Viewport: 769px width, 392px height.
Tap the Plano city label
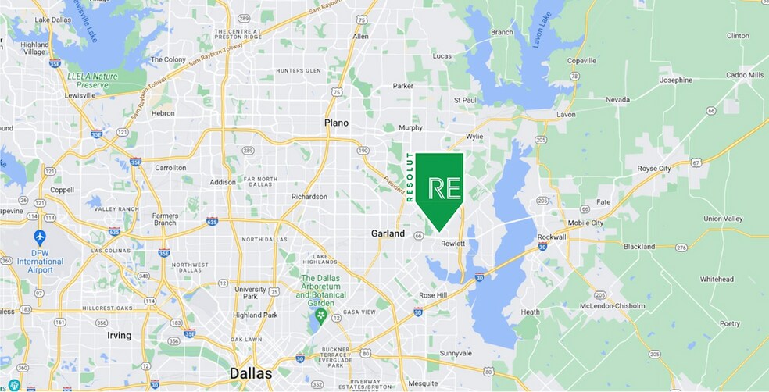(x=337, y=123)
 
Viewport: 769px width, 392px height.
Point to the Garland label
(x=388, y=233)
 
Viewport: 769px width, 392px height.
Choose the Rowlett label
(x=452, y=244)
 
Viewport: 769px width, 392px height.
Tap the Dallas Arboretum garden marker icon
(x=320, y=316)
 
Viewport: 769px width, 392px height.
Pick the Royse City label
(x=654, y=169)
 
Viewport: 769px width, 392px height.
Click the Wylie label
(x=474, y=136)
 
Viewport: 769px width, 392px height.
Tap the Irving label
(x=119, y=335)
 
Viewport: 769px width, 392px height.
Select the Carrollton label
(x=170, y=168)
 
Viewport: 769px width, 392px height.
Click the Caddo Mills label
(x=743, y=75)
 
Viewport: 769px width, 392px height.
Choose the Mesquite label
(x=424, y=383)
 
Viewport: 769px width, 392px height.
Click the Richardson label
(x=309, y=197)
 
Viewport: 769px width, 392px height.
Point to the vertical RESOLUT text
(x=410, y=178)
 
